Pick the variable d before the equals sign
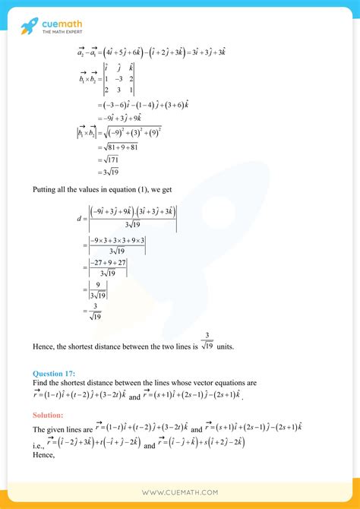[x=78, y=220]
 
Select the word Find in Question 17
[x=39, y=383]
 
